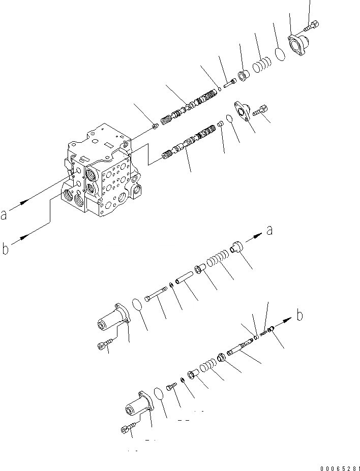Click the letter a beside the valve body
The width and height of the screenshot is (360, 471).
4,215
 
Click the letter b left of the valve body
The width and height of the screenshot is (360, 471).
5,249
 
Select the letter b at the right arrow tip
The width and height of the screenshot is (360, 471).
300,316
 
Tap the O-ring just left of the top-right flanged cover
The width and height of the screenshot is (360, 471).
279,54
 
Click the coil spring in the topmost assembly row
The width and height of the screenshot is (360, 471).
263,66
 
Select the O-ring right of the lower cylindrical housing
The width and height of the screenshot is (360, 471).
159,394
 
